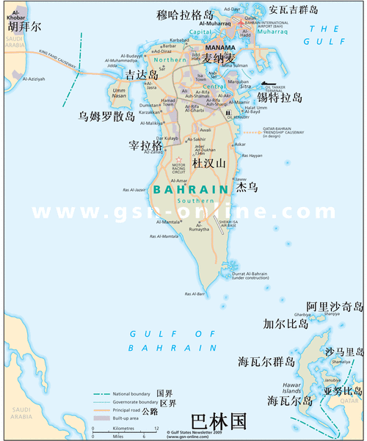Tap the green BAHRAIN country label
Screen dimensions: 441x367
pyautogui.click(x=192, y=189)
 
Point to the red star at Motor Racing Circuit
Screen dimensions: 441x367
pyautogui.click(x=178, y=159)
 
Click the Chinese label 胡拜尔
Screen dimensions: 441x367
pyautogui.click(x=25, y=26)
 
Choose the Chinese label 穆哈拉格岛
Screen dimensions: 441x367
pyautogui.click(x=186, y=15)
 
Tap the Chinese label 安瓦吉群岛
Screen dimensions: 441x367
pyautogui.click(x=294, y=10)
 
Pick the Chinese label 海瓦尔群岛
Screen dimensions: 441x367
pyautogui.click(x=265, y=362)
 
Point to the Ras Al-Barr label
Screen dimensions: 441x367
pyautogui.click(x=195, y=294)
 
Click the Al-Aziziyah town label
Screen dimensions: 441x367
pyautogui.click(x=34, y=78)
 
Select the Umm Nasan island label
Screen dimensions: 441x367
pyautogui.click(x=119, y=92)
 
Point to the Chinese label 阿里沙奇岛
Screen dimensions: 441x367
pyautogui.click(x=334, y=306)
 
